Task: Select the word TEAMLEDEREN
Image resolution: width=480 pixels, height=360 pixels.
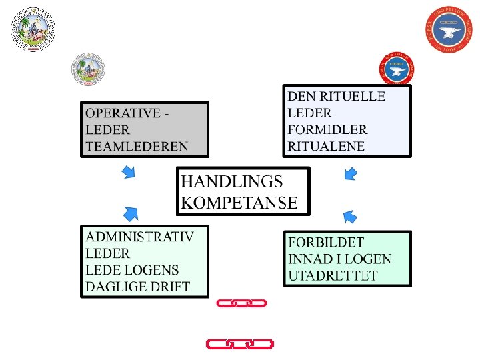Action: [137, 146]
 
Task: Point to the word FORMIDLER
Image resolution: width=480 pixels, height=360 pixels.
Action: [327, 129]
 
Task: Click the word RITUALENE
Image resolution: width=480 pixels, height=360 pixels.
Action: [326, 146]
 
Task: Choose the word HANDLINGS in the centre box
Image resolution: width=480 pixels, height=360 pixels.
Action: [232, 181]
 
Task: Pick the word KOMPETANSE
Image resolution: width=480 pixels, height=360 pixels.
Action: [239, 203]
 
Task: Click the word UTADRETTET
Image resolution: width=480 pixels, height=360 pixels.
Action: [333, 275]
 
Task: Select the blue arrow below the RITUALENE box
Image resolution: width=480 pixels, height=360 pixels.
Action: [350, 174]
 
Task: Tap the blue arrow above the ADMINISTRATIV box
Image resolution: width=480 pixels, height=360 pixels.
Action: [131, 213]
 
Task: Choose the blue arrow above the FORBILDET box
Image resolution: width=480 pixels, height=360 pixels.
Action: [349, 216]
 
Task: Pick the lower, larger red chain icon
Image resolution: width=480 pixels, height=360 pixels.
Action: [239, 344]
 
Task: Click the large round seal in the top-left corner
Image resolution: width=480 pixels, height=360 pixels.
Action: [33, 29]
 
